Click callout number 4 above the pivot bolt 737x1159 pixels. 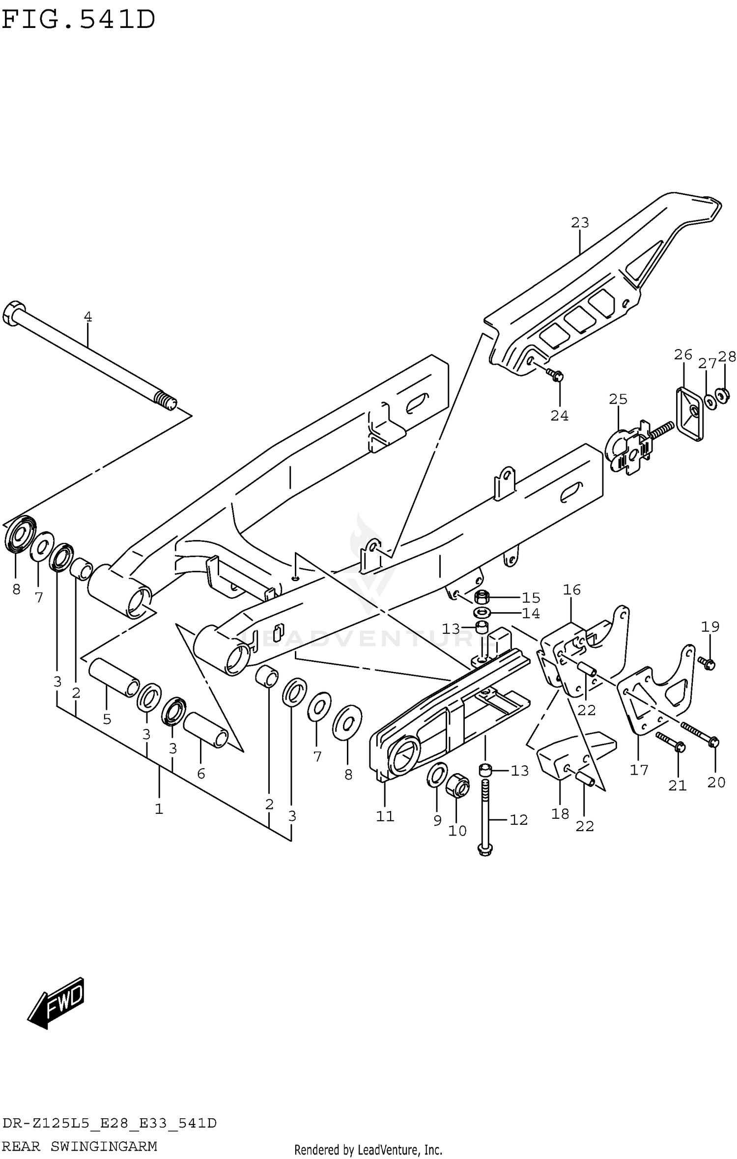tap(88, 317)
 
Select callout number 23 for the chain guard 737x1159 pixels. tap(580, 223)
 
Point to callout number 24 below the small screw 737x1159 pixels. tap(559, 416)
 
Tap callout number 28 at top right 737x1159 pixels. tap(727, 356)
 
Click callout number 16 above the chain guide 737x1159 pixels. tap(572, 590)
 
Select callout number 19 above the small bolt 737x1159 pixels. tap(710, 627)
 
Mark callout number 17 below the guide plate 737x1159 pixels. tap(639, 770)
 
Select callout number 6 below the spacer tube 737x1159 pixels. tap(201, 774)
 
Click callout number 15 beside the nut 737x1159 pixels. tap(531, 598)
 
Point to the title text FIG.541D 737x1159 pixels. tap(79, 20)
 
